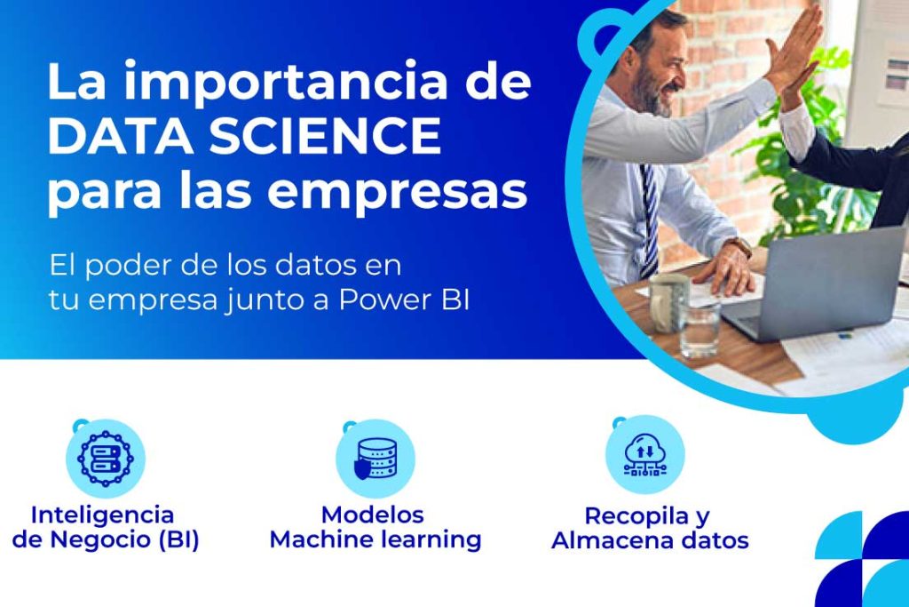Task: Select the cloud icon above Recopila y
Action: [644, 455]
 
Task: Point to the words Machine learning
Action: [375, 539]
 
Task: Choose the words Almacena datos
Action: [650, 540]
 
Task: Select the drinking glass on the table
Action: [700, 327]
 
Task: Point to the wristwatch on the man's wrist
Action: [739, 247]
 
